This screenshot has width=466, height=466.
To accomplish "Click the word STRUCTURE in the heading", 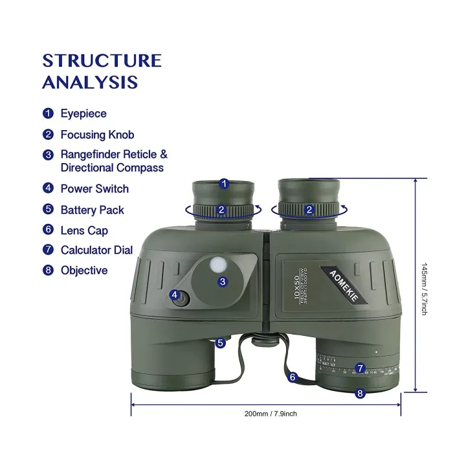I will click(102, 61).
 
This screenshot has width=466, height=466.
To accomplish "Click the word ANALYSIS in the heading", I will click(90, 82).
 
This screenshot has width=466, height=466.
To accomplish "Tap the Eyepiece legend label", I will click(83, 113).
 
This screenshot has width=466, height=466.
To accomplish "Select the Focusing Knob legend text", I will click(97, 135).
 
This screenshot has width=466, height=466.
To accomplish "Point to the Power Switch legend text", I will click(94, 188).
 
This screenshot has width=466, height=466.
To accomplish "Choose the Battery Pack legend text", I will click(92, 210).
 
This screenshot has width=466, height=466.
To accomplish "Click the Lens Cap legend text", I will click(84, 230).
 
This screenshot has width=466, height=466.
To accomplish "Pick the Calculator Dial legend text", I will click(96, 250).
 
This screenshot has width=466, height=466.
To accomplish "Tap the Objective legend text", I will click(84, 271).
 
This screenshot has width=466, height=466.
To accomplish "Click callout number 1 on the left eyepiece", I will click(223, 184).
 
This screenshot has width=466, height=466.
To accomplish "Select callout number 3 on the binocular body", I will click(223, 282).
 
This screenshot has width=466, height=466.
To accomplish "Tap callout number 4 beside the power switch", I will click(175, 294).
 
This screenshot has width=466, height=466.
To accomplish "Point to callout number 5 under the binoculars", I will click(221, 343).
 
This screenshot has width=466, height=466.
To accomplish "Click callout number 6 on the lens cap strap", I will click(293, 376).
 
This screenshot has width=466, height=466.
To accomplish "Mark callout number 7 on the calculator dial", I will click(361, 368).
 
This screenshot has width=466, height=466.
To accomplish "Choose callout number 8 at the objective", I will click(361, 392).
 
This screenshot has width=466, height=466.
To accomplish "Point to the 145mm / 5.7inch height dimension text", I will click(424, 288).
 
